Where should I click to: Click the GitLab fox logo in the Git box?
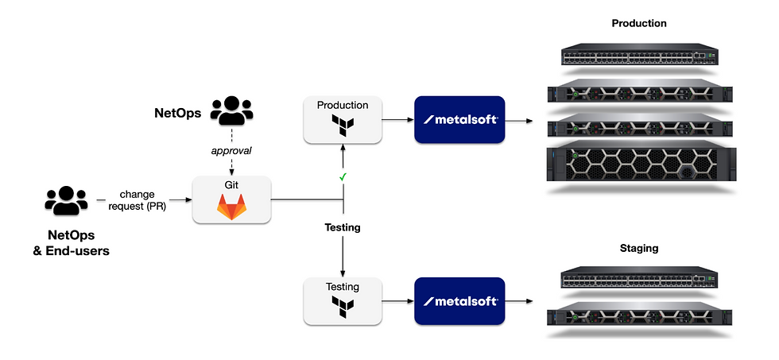click(232, 207)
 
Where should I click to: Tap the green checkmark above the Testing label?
click(341, 176)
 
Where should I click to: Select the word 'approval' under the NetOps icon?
click(231, 149)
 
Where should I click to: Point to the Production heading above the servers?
click(638, 23)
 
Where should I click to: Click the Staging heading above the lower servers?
click(638, 249)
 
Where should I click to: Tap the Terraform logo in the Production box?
click(342, 125)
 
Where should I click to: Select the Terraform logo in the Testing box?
click(342, 306)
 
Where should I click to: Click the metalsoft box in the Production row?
click(459, 119)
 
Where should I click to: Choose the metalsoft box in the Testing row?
click(459, 300)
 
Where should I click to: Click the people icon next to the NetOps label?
click(231, 112)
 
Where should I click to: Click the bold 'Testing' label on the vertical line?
click(343, 227)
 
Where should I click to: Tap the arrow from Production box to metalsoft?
click(397, 120)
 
